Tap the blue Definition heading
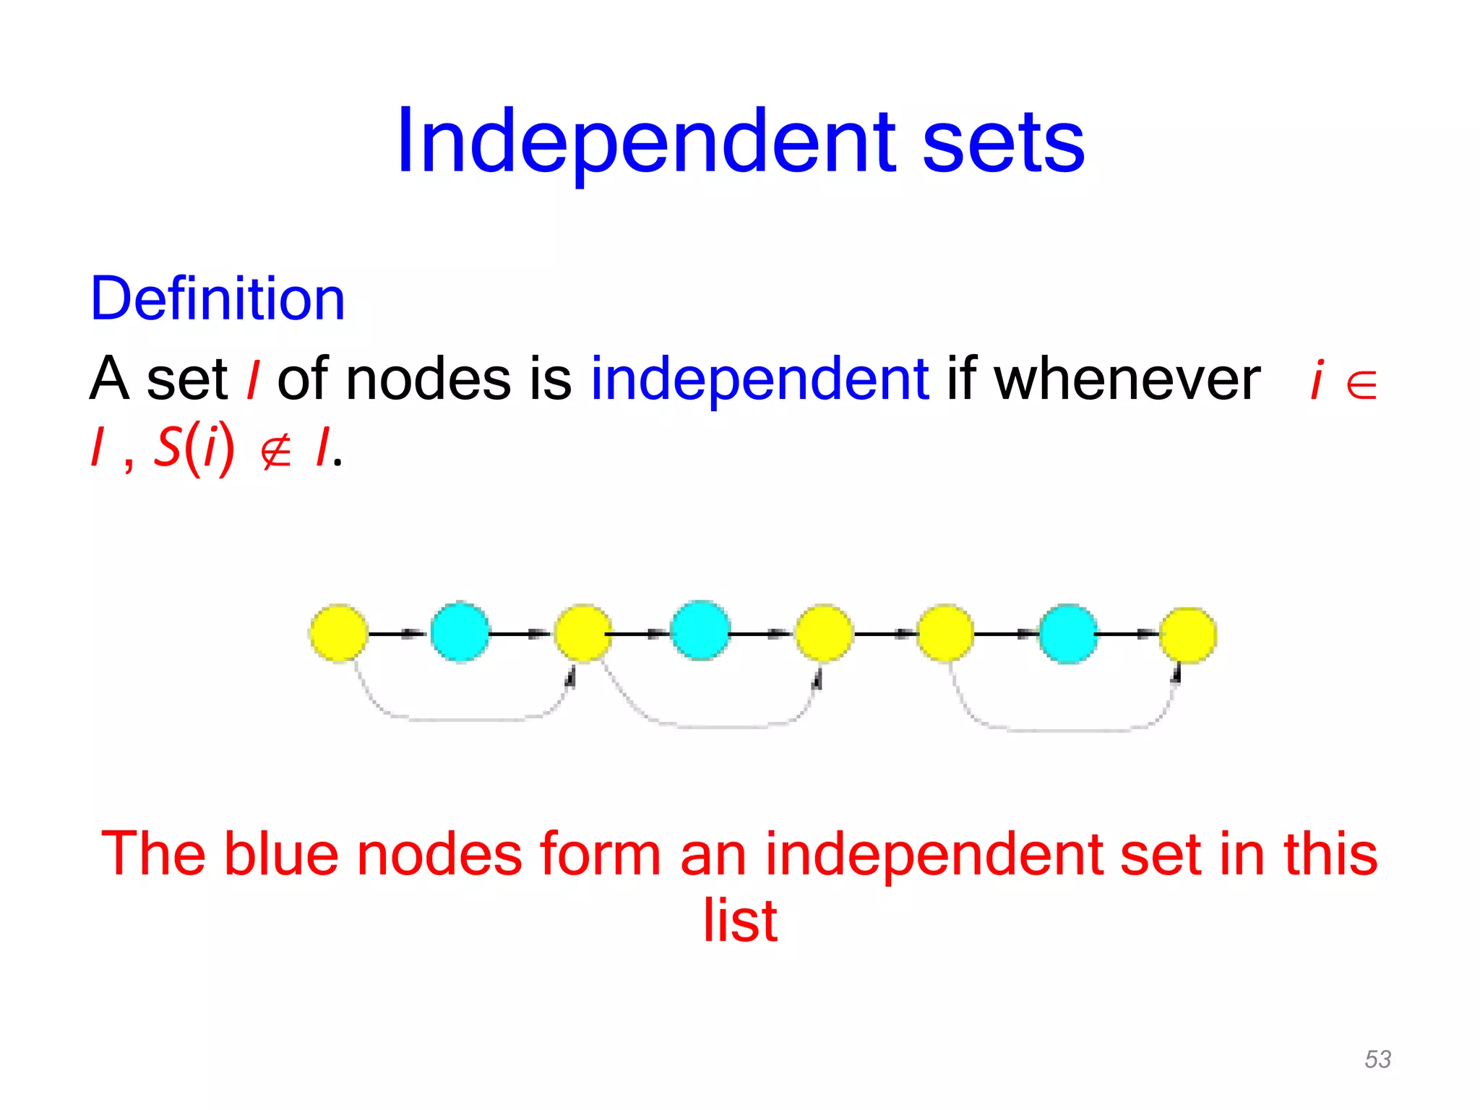[x=218, y=298]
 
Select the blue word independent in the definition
[x=760, y=380]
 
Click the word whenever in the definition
[x=1127, y=379]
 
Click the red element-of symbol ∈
[x=1362, y=384]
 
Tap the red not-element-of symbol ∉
[x=275, y=451]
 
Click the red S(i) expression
[x=194, y=448]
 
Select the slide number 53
[x=1377, y=1059]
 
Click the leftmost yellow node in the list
[x=338, y=633]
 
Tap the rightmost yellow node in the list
[x=1188, y=635]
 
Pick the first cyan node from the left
[x=460, y=632]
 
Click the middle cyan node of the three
[x=700, y=630]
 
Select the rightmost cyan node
[x=1068, y=634]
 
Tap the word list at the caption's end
[x=740, y=921]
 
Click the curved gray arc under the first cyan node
[x=462, y=719]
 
